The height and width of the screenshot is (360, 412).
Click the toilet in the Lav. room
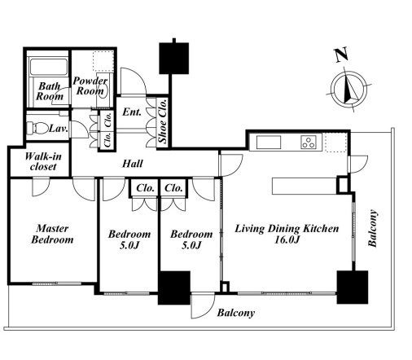[x=37, y=128]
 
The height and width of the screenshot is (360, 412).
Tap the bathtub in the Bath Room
[x=49, y=67]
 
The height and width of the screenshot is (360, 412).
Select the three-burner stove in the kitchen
[x=309, y=143]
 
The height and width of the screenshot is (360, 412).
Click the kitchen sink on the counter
[x=269, y=143]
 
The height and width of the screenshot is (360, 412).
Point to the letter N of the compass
[x=341, y=55]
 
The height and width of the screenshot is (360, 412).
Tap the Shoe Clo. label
[x=163, y=121]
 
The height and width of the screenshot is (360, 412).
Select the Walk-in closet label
[x=43, y=161]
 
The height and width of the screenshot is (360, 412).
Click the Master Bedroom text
[x=52, y=234]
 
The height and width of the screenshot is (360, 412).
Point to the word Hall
[x=133, y=164]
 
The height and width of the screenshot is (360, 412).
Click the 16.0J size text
[x=287, y=239]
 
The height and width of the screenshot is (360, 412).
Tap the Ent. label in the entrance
[x=132, y=112]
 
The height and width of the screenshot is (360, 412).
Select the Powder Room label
[x=90, y=86]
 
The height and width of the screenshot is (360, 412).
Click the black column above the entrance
[x=173, y=58]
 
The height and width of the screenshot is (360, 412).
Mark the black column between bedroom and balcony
[x=174, y=288]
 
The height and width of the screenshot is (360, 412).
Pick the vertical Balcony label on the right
[x=373, y=228]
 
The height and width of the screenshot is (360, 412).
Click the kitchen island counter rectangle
[x=305, y=186]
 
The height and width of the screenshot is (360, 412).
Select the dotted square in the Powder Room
[x=103, y=61]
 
